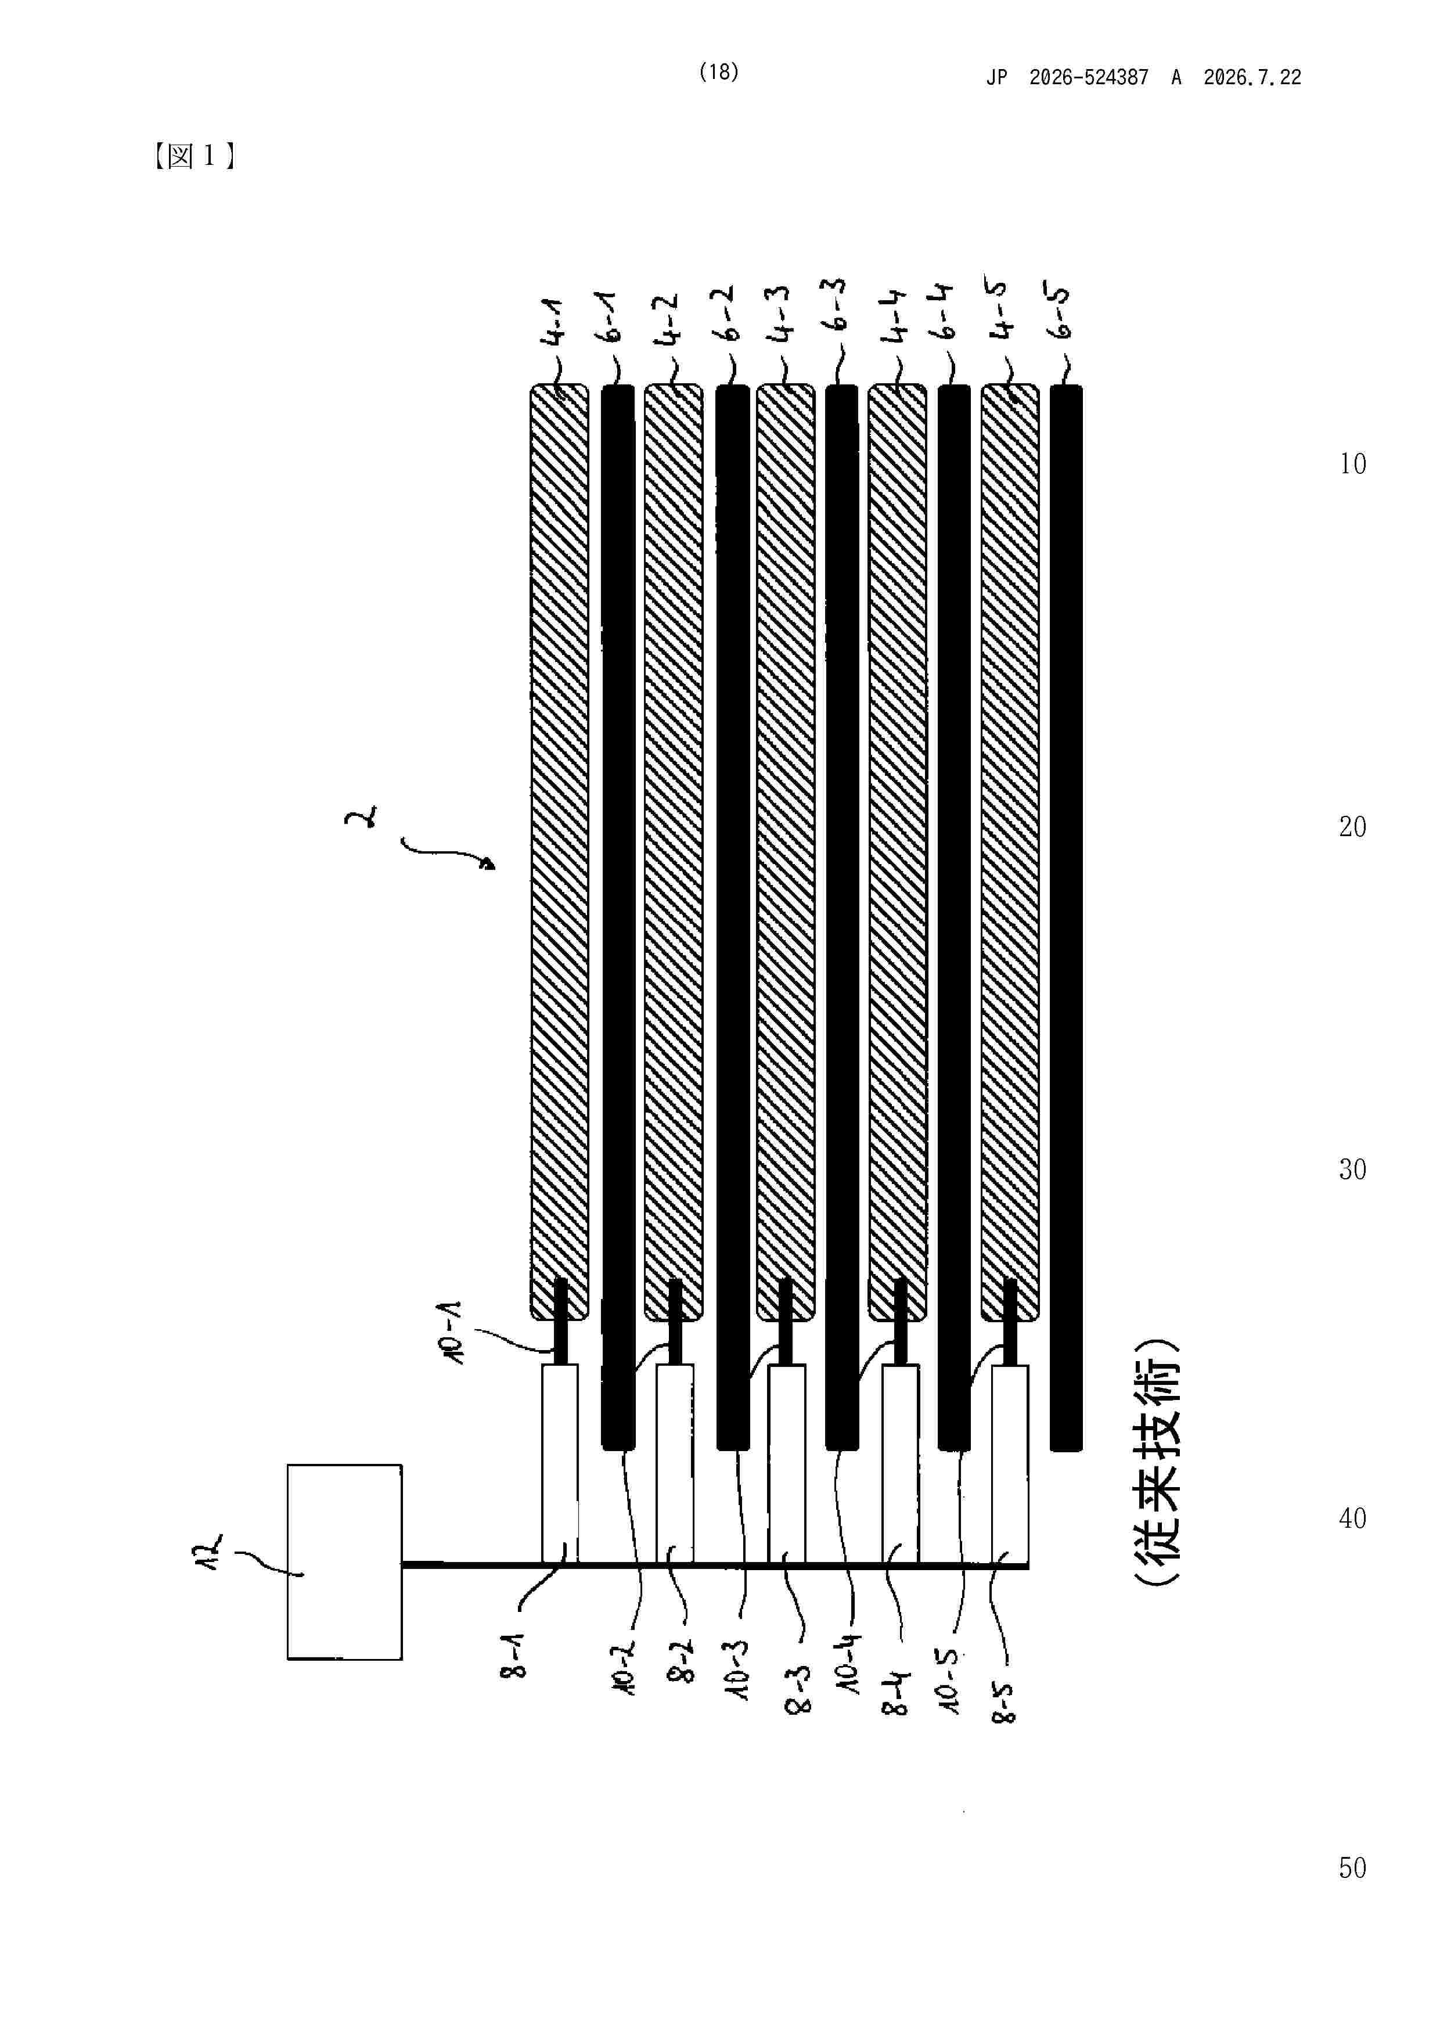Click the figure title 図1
click(193, 156)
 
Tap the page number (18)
click(719, 73)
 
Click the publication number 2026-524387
click(1089, 78)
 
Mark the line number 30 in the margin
click(1352, 1169)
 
